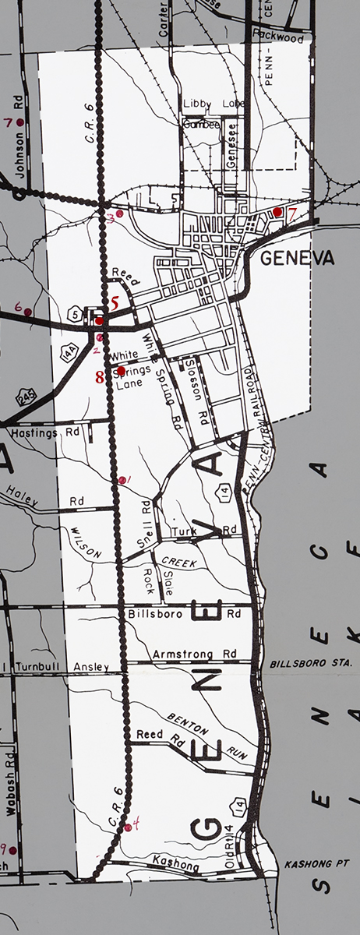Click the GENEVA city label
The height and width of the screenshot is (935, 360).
click(298, 259)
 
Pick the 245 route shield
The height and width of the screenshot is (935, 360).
click(26, 398)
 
